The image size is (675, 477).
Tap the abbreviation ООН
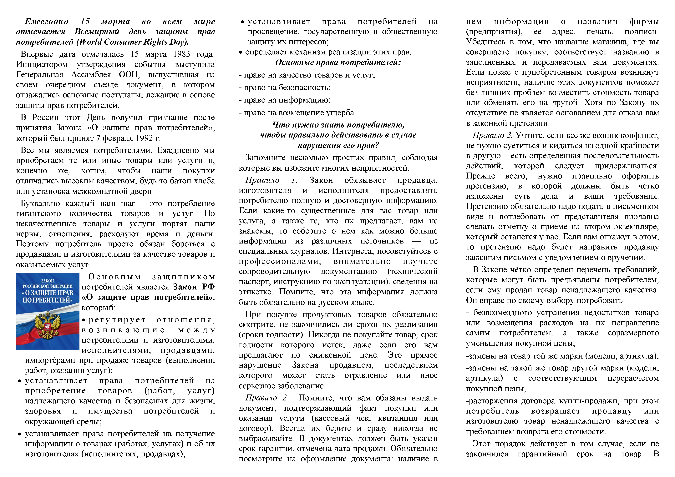pyautogui.click(x=129, y=75)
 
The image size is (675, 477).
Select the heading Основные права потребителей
pyautogui.click(x=338, y=63)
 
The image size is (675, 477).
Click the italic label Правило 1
pyautogui.click(x=271, y=180)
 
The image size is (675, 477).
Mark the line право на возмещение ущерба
pyautogui.click(x=297, y=113)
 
